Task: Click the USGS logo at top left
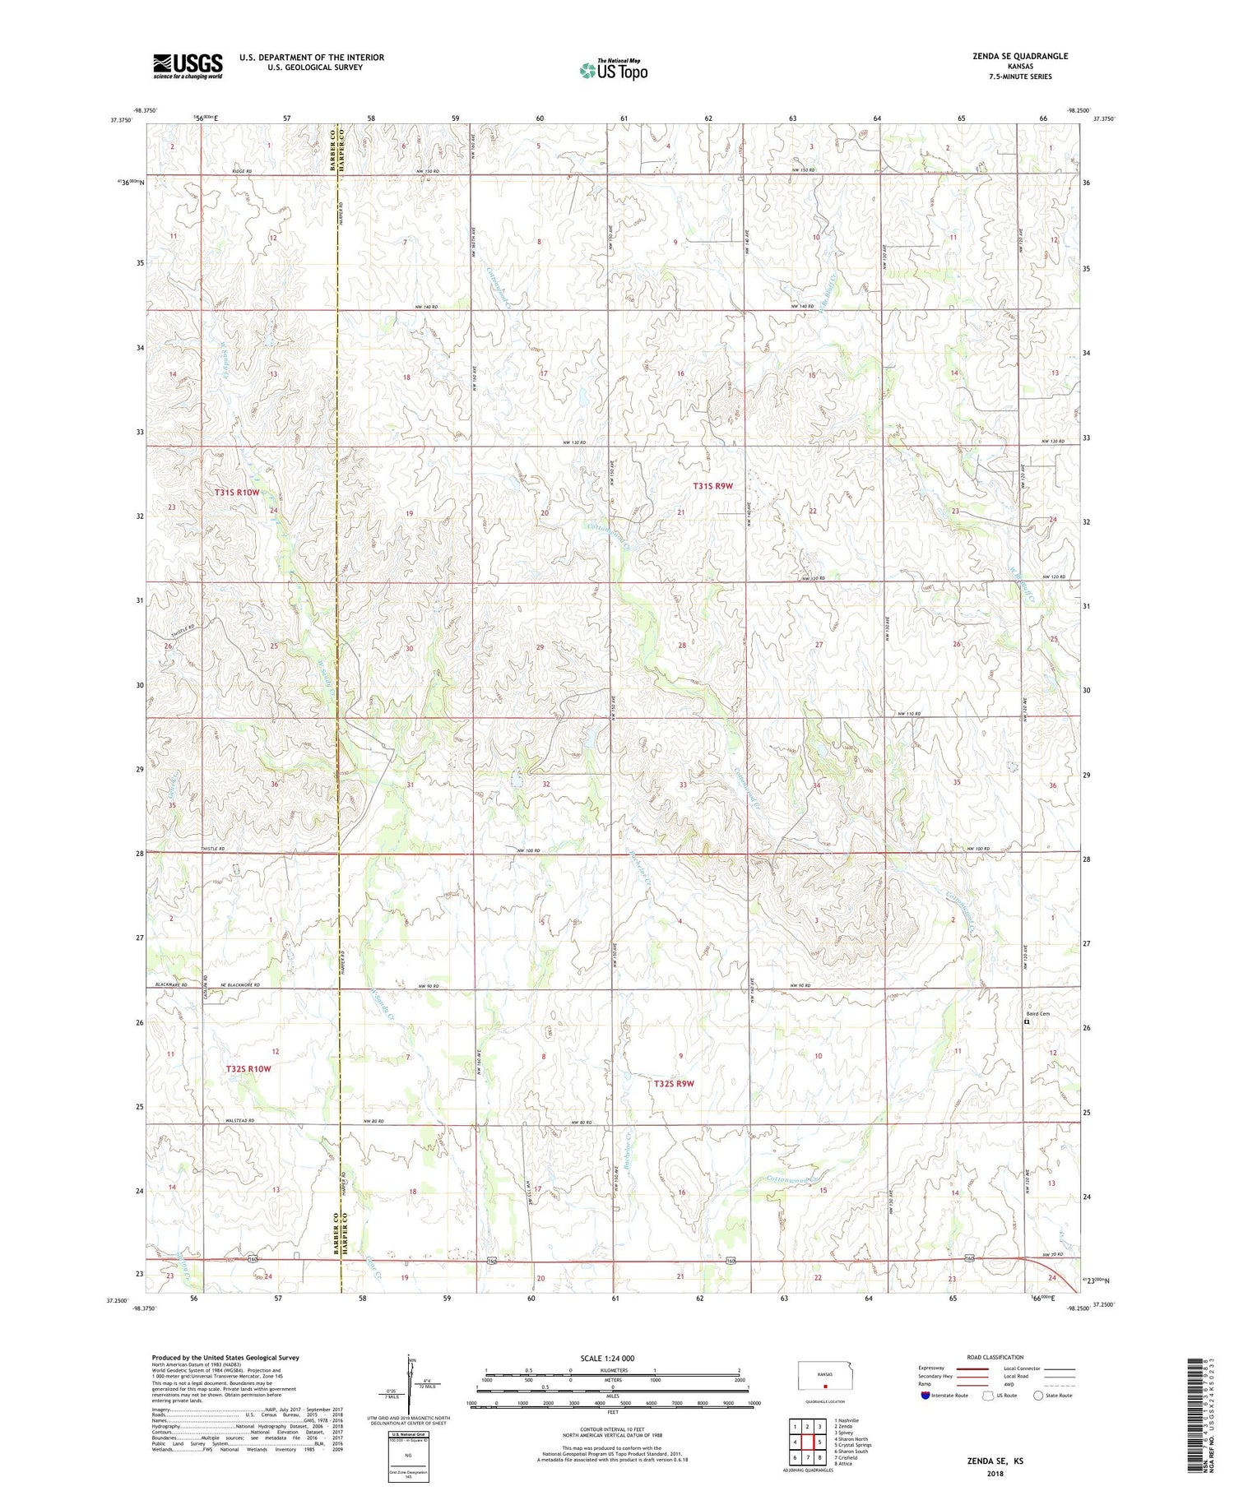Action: coord(188,66)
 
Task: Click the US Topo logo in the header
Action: coord(613,71)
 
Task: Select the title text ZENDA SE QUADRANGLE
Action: coord(1019,56)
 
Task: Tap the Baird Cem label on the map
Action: coord(1037,1014)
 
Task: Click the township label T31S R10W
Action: coord(237,493)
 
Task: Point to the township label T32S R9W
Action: coord(675,1083)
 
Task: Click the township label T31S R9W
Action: coord(712,486)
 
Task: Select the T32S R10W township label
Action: coord(248,1068)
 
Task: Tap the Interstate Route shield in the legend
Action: coord(925,1396)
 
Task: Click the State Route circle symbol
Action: coord(1039,1395)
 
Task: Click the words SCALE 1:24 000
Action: coord(612,1359)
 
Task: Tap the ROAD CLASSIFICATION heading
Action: coord(995,1357)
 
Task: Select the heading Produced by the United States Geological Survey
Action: coord(225,1358)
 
